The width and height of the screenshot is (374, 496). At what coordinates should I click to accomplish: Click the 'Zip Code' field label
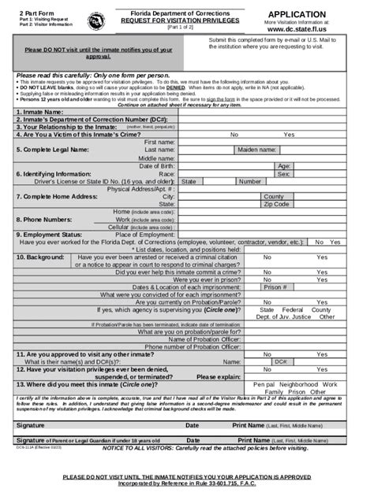coord(276,204)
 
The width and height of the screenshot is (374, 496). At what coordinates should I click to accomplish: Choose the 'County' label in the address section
coord(274,196)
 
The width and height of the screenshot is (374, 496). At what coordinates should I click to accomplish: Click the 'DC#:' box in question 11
coord(279,361)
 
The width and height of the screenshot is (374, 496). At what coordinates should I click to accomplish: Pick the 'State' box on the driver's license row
coord(189,181)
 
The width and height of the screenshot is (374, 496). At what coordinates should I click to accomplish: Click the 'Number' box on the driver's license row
coord(250,181)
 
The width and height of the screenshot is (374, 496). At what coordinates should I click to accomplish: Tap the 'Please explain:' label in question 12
coord(219,376)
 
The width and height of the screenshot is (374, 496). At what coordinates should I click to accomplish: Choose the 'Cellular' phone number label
coord(122,227)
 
